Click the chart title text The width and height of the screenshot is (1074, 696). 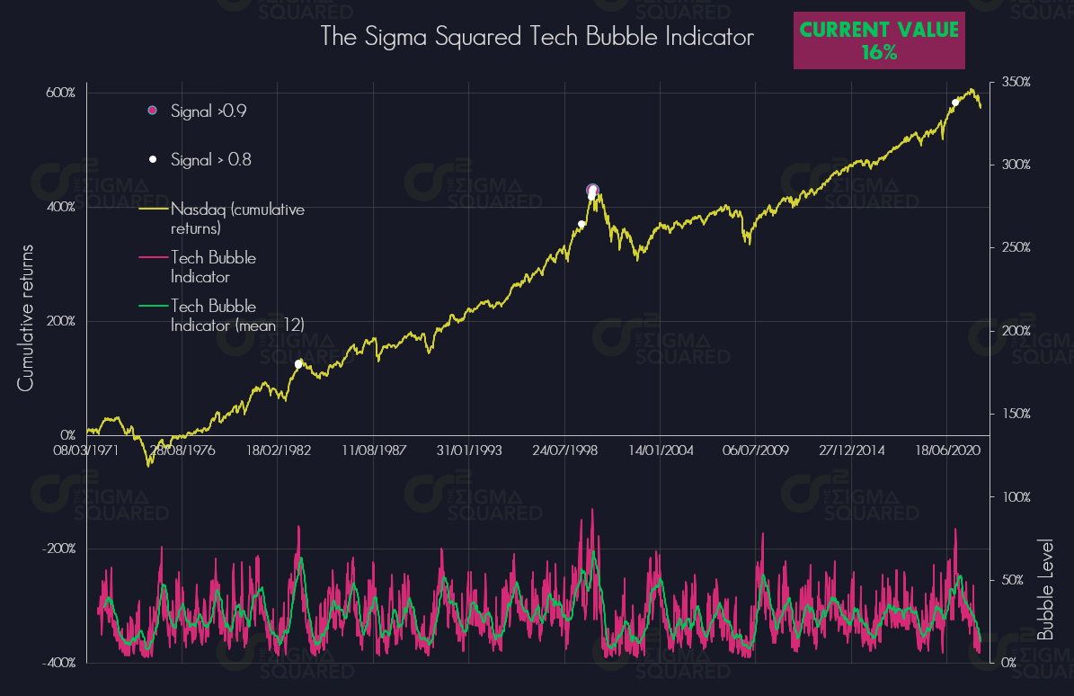tap(537, 38)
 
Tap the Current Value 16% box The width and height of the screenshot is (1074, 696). tap(879, 40)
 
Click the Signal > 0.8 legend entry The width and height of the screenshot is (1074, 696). tap(210, 160)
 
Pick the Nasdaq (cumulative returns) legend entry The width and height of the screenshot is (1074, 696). tap(237, 219)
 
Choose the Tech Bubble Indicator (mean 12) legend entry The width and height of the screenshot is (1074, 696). tap(237, 316)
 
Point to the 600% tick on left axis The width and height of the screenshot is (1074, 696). tap(62, 94)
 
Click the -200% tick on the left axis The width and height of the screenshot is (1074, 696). tap(60, 549)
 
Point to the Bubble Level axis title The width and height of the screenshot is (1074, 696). tap(1045, 589)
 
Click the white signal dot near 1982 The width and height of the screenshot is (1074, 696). tap(298, 364)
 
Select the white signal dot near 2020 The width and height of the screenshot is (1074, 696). tap(955, 103)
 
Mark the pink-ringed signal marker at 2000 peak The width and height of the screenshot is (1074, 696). tap(592, 190)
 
